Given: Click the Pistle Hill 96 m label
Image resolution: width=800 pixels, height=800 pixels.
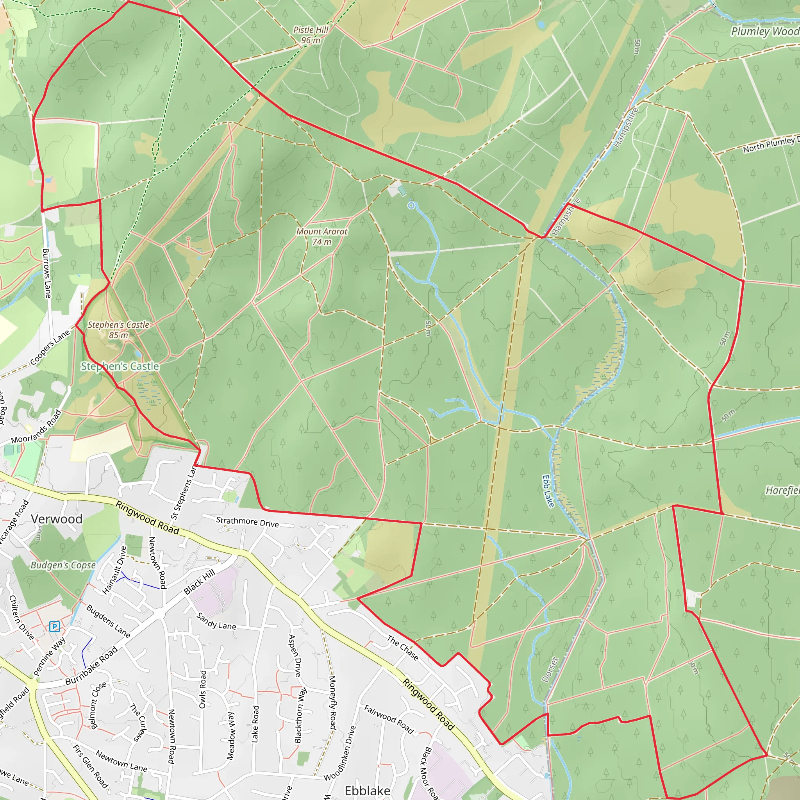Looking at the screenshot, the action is pos(311,35).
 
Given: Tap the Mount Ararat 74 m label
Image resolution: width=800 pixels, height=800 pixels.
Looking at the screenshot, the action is pos(322,236).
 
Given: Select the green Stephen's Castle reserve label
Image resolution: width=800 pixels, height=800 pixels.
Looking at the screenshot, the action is pos(120,366).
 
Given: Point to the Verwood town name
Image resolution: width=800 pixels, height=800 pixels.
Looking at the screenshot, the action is pos(57,519).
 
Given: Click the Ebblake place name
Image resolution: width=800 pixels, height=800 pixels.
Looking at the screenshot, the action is pos(367,791).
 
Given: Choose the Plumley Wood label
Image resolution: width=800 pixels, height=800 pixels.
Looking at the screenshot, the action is pos(764,32).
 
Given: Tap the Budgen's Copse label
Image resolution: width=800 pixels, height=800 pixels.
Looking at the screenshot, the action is pos(63,565).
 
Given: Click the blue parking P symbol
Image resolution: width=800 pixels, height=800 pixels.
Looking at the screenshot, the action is pos(54,626).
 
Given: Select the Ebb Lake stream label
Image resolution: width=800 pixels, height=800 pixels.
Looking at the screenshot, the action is pos(548,491).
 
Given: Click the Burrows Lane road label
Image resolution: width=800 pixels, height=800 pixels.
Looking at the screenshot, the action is pos(47,273).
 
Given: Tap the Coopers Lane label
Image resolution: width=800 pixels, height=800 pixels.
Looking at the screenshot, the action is pos(50,347).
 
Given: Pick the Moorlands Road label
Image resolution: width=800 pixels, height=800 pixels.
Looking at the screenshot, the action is pos(36,427).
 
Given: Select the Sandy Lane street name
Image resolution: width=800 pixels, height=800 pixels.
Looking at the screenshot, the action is pos(216,621).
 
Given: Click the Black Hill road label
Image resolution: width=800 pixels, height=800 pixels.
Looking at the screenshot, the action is pos(200,582).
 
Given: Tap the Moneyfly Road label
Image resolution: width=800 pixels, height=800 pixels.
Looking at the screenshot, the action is pos(332,703).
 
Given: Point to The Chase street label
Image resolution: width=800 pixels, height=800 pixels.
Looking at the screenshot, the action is pos(402,648).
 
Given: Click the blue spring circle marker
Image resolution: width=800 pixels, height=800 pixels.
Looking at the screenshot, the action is pos(411,205).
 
